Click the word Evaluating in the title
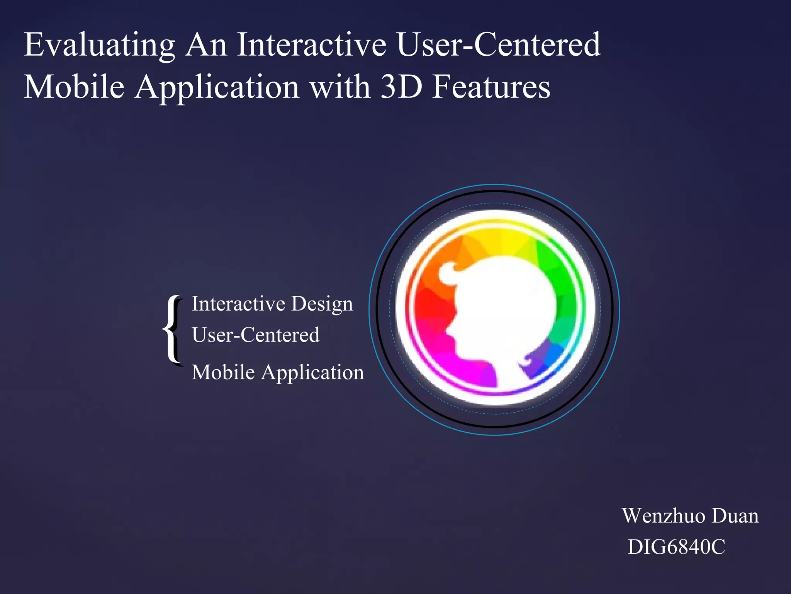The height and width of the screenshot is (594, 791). [100, 46]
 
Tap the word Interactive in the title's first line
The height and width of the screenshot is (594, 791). [311, 45]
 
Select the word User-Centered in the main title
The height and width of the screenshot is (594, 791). [499, 45]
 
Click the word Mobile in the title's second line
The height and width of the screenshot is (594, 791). [74, 87]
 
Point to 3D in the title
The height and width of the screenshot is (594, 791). [401, 87]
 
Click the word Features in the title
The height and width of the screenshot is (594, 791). [491, 87]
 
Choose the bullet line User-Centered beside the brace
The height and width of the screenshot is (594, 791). [256, 335]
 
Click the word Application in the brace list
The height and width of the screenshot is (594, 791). [312, 372]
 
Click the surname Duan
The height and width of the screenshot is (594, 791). [735, 516]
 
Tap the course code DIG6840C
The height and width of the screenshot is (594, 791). [676, 547]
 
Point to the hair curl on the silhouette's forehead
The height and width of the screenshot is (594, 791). [448, 271]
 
